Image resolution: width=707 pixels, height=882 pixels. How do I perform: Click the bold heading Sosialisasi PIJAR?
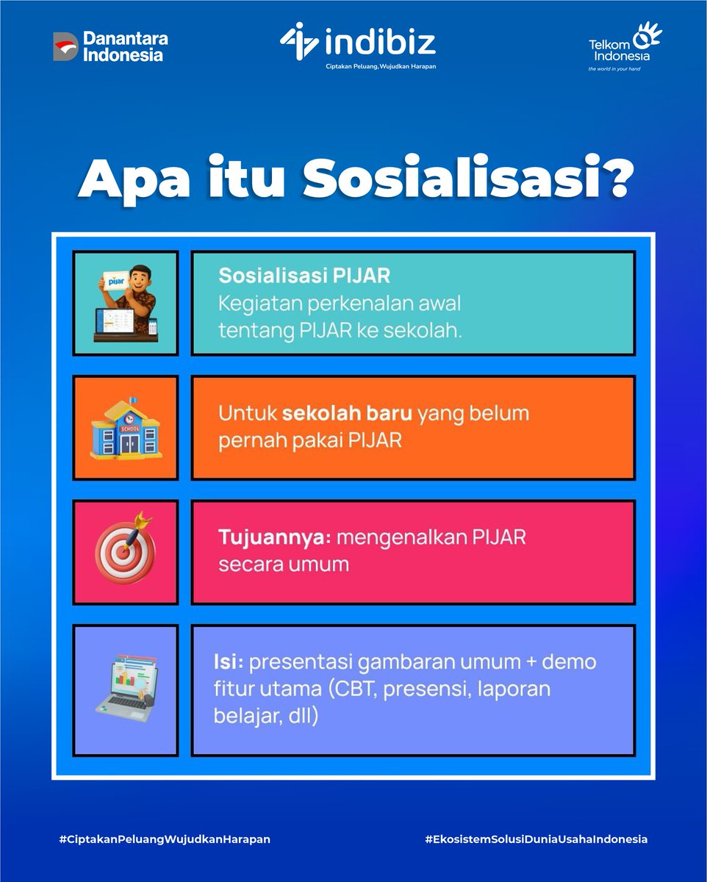pos(304,276)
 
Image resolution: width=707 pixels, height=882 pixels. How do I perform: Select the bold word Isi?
pos(228,661)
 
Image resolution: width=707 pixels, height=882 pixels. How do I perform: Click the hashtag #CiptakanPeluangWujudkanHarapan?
pos(165,839)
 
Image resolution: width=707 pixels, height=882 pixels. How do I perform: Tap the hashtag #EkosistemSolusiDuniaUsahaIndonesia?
pos(536,839)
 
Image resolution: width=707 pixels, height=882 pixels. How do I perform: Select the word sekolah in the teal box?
pos(427,331)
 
